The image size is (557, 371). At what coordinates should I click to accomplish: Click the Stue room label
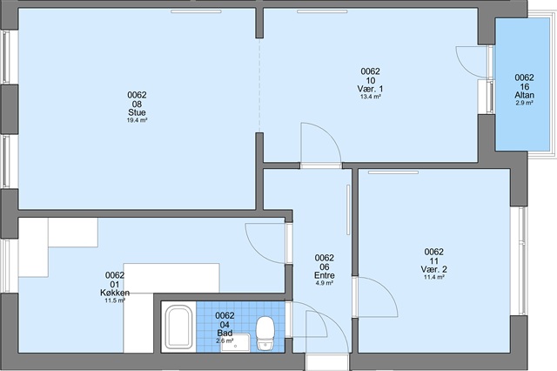coord(137,112)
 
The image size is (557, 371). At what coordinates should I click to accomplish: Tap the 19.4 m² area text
coord(138,120)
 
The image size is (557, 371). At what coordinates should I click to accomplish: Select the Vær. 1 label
coord(370,89)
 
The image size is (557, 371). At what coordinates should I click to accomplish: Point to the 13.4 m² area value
coord(371,97)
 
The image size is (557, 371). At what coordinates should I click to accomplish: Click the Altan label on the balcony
coord(524,95)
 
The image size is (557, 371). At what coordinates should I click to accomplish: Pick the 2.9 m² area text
coord(524,103)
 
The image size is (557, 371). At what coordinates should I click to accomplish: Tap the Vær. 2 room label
coord(433,269)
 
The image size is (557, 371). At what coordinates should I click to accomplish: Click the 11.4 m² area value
coord(434,277)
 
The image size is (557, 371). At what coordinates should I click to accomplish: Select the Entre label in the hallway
coord(325,275)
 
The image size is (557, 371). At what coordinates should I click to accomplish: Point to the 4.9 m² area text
coord(325,283)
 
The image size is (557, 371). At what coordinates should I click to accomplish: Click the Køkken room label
coord(115,293)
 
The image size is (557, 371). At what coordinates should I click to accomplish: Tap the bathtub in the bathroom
coord(179,327)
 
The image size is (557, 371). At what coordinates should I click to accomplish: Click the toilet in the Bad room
coord(265,334)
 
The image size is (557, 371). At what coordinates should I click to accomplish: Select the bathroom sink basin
coord(235,343)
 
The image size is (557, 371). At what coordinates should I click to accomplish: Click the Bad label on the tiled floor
coord(225,333)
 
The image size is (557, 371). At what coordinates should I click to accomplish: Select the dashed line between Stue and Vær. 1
coord(259,85)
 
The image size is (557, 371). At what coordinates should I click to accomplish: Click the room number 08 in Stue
coord(137,104)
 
